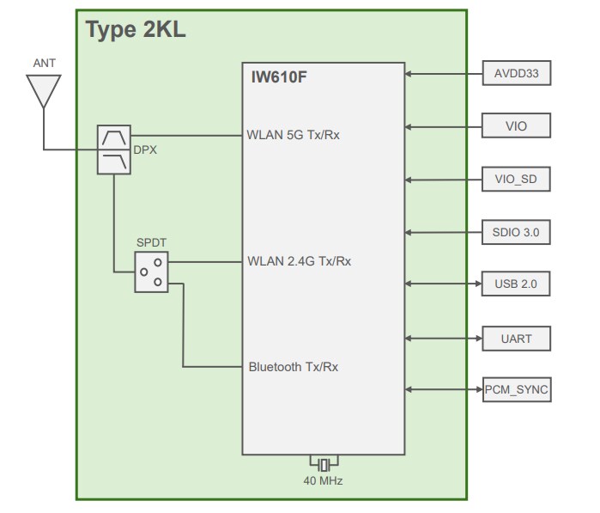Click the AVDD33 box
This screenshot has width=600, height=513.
(516, 75)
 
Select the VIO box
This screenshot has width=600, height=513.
(516, 126)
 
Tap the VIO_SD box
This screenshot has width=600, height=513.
(516, 180)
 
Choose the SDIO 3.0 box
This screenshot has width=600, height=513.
(516, 232)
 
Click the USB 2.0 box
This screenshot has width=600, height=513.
(516, 284)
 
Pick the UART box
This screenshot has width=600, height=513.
(516, 338)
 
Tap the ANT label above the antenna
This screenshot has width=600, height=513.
(44, 64)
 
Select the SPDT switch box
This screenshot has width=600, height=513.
(151, 272)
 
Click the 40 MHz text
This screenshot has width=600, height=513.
(323, 481)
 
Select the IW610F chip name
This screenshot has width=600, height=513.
(274, 78)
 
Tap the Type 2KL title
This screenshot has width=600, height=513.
(136, 30)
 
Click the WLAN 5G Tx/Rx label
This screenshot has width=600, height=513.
(294, 134)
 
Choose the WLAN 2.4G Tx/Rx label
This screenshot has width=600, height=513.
(298, 261)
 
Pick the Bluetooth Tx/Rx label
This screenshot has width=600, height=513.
(293, 367)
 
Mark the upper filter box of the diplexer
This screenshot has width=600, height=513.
(114, 137)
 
